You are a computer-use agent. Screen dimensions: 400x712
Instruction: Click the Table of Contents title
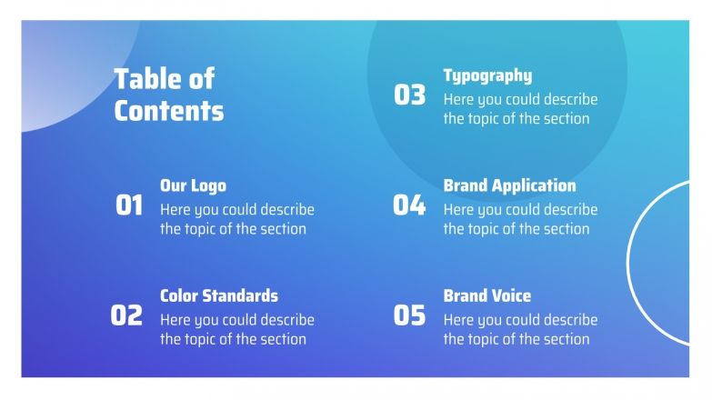click(168, 95)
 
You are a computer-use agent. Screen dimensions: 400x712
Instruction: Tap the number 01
click(129, 205)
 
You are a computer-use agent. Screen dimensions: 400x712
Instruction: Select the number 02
click(126, 315)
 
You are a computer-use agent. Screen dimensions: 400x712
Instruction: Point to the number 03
click(409, 95)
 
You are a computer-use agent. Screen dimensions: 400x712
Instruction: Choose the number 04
click(409, 205)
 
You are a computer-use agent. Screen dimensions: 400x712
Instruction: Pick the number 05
click(409, 315)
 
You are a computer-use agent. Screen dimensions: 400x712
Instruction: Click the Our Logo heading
click(193, 185)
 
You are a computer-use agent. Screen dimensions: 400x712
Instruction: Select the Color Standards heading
click(219, 295)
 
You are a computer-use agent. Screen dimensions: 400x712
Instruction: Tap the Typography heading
click(487, 75)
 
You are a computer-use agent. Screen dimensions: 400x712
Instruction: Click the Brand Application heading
click(509, 185)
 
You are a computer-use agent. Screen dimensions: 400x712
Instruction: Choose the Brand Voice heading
click(486, 295)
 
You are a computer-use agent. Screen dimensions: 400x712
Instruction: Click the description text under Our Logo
click(236, 219)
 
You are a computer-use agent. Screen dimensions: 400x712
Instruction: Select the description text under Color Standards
click(236, 329)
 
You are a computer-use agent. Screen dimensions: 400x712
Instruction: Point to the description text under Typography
click(520, 109)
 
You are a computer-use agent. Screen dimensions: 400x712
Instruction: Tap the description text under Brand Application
click(520, 219)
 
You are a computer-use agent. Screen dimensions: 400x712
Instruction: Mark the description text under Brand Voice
click(520, 329)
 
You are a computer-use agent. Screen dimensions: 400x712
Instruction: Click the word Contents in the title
click(168, 111)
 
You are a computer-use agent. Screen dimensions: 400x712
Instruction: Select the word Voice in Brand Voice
click(512, 295)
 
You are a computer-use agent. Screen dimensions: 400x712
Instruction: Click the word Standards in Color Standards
click(241, 295)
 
